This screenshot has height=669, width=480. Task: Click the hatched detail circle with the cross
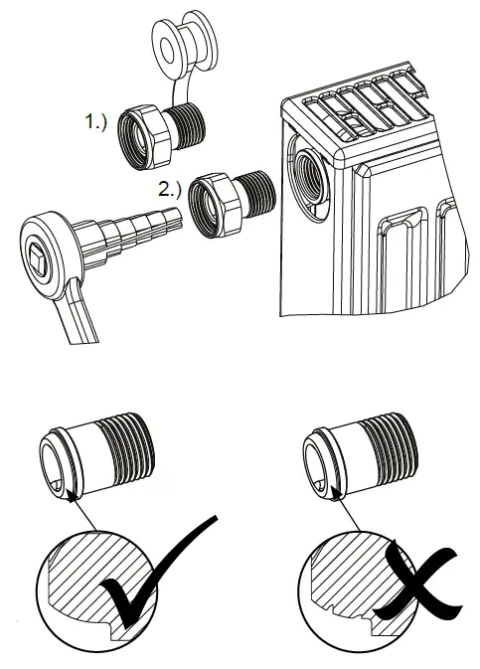[343, 586]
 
